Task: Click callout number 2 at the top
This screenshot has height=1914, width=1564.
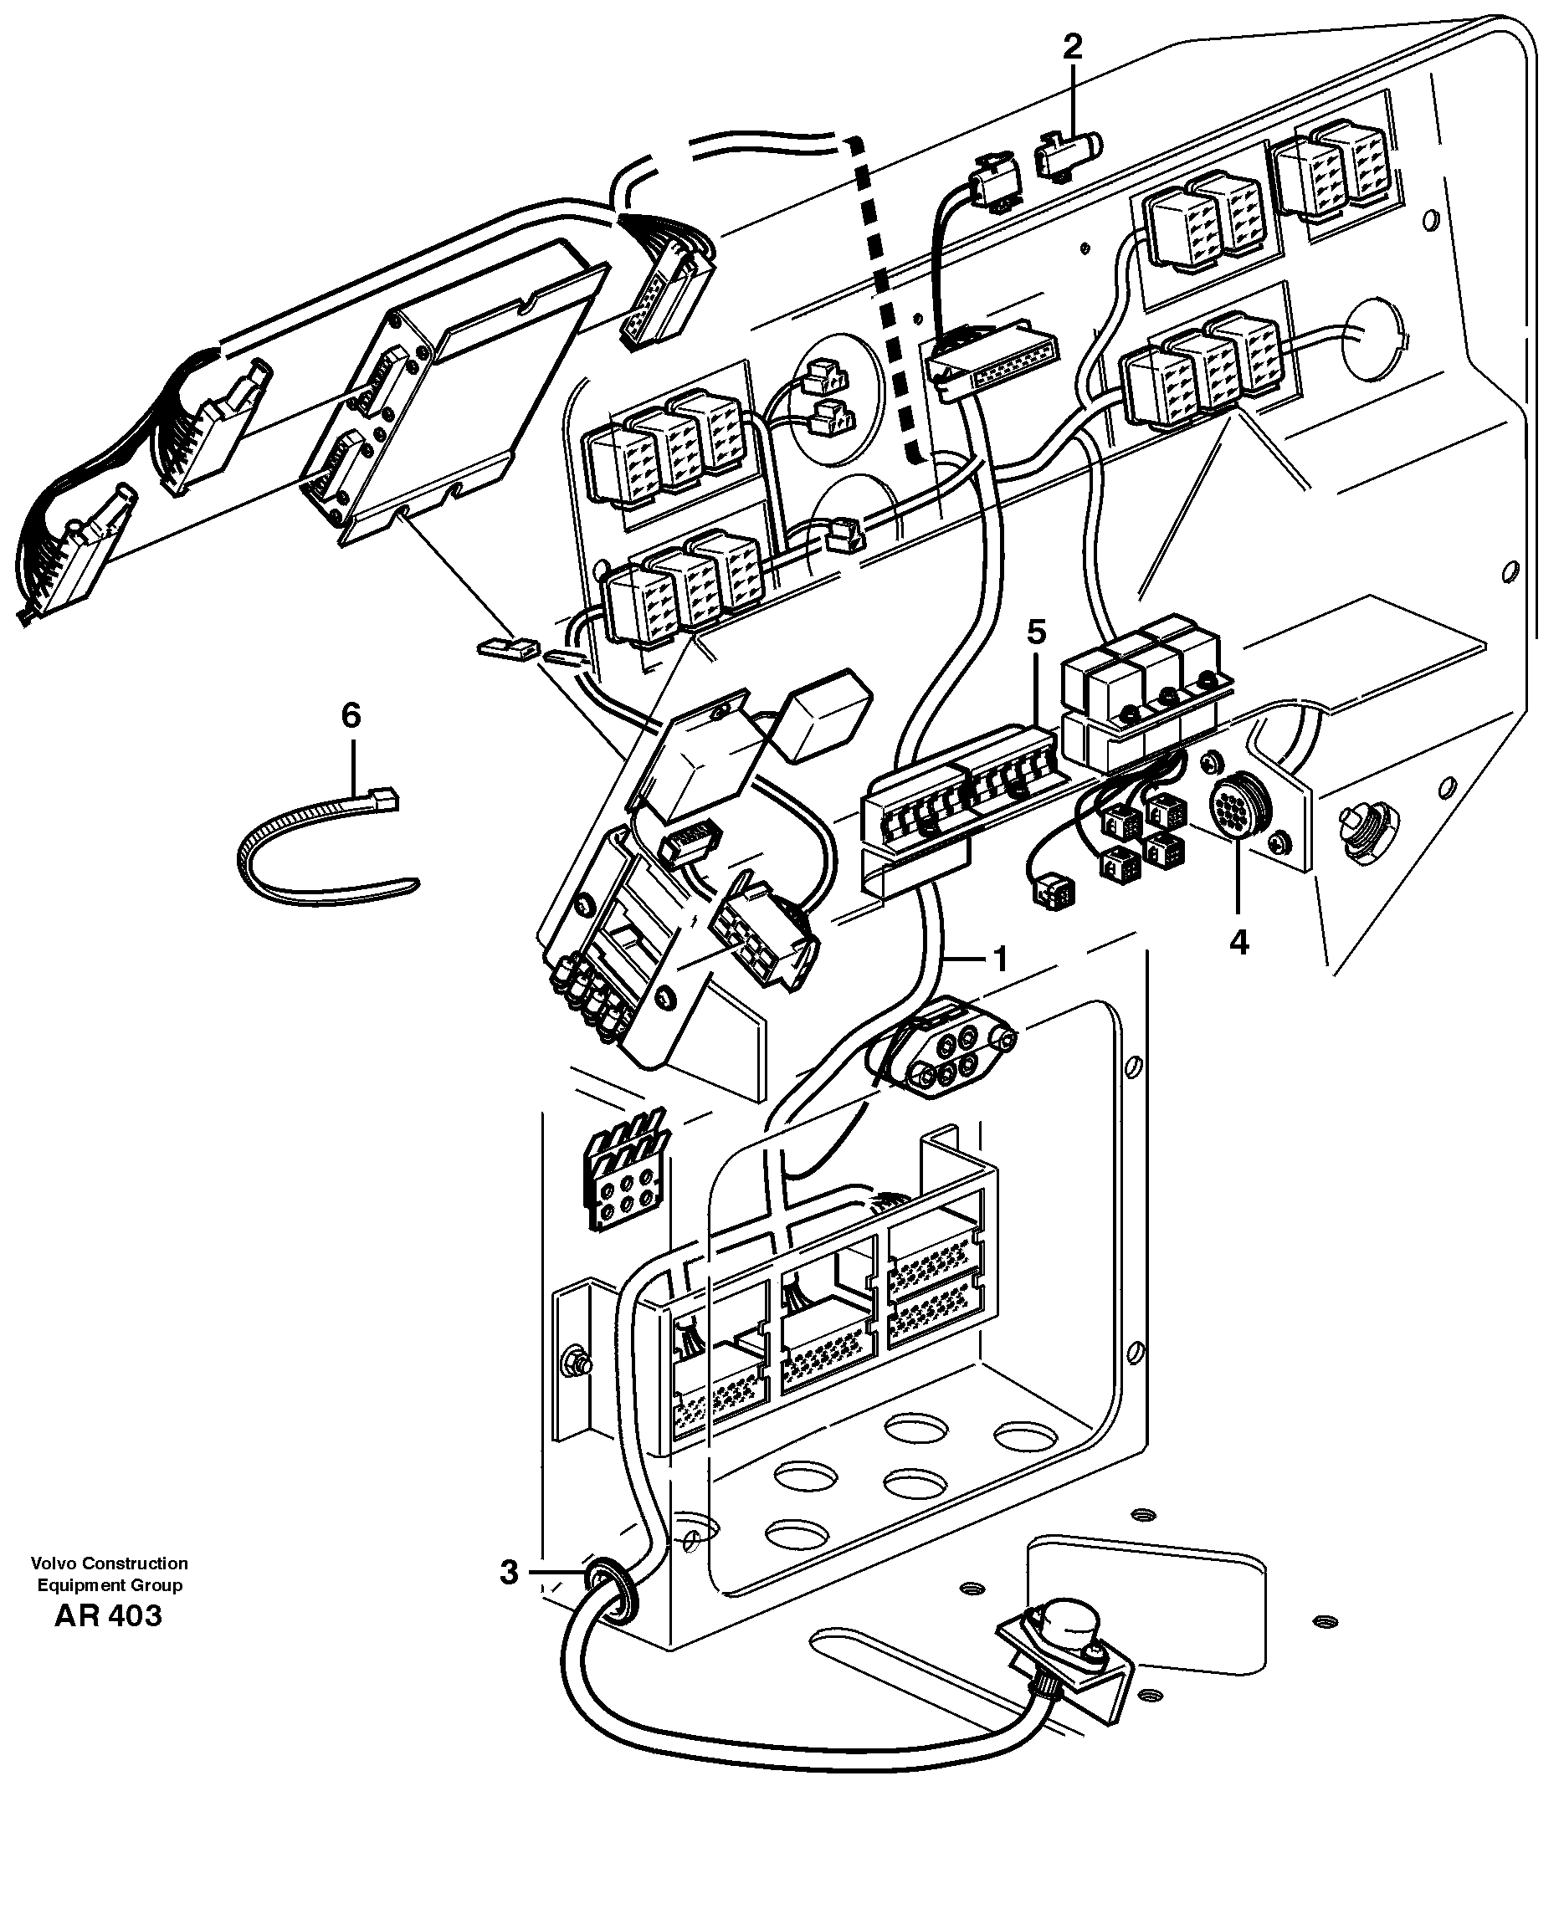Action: click(x=1072, y=47)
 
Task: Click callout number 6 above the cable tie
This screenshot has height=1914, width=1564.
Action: click(x=351, y=716)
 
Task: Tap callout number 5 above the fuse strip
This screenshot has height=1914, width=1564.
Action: click(x=1037, y=633)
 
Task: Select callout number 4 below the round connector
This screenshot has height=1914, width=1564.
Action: click(x=1238, y=943)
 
